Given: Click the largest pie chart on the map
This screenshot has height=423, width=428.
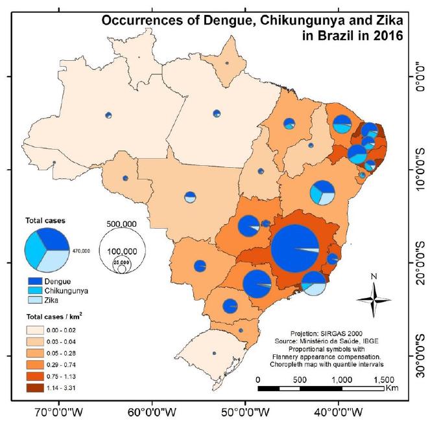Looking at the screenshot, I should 296,249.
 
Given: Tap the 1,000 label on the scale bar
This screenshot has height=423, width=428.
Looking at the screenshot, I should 341,380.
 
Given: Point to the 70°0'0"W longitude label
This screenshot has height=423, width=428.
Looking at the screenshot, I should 59,411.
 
